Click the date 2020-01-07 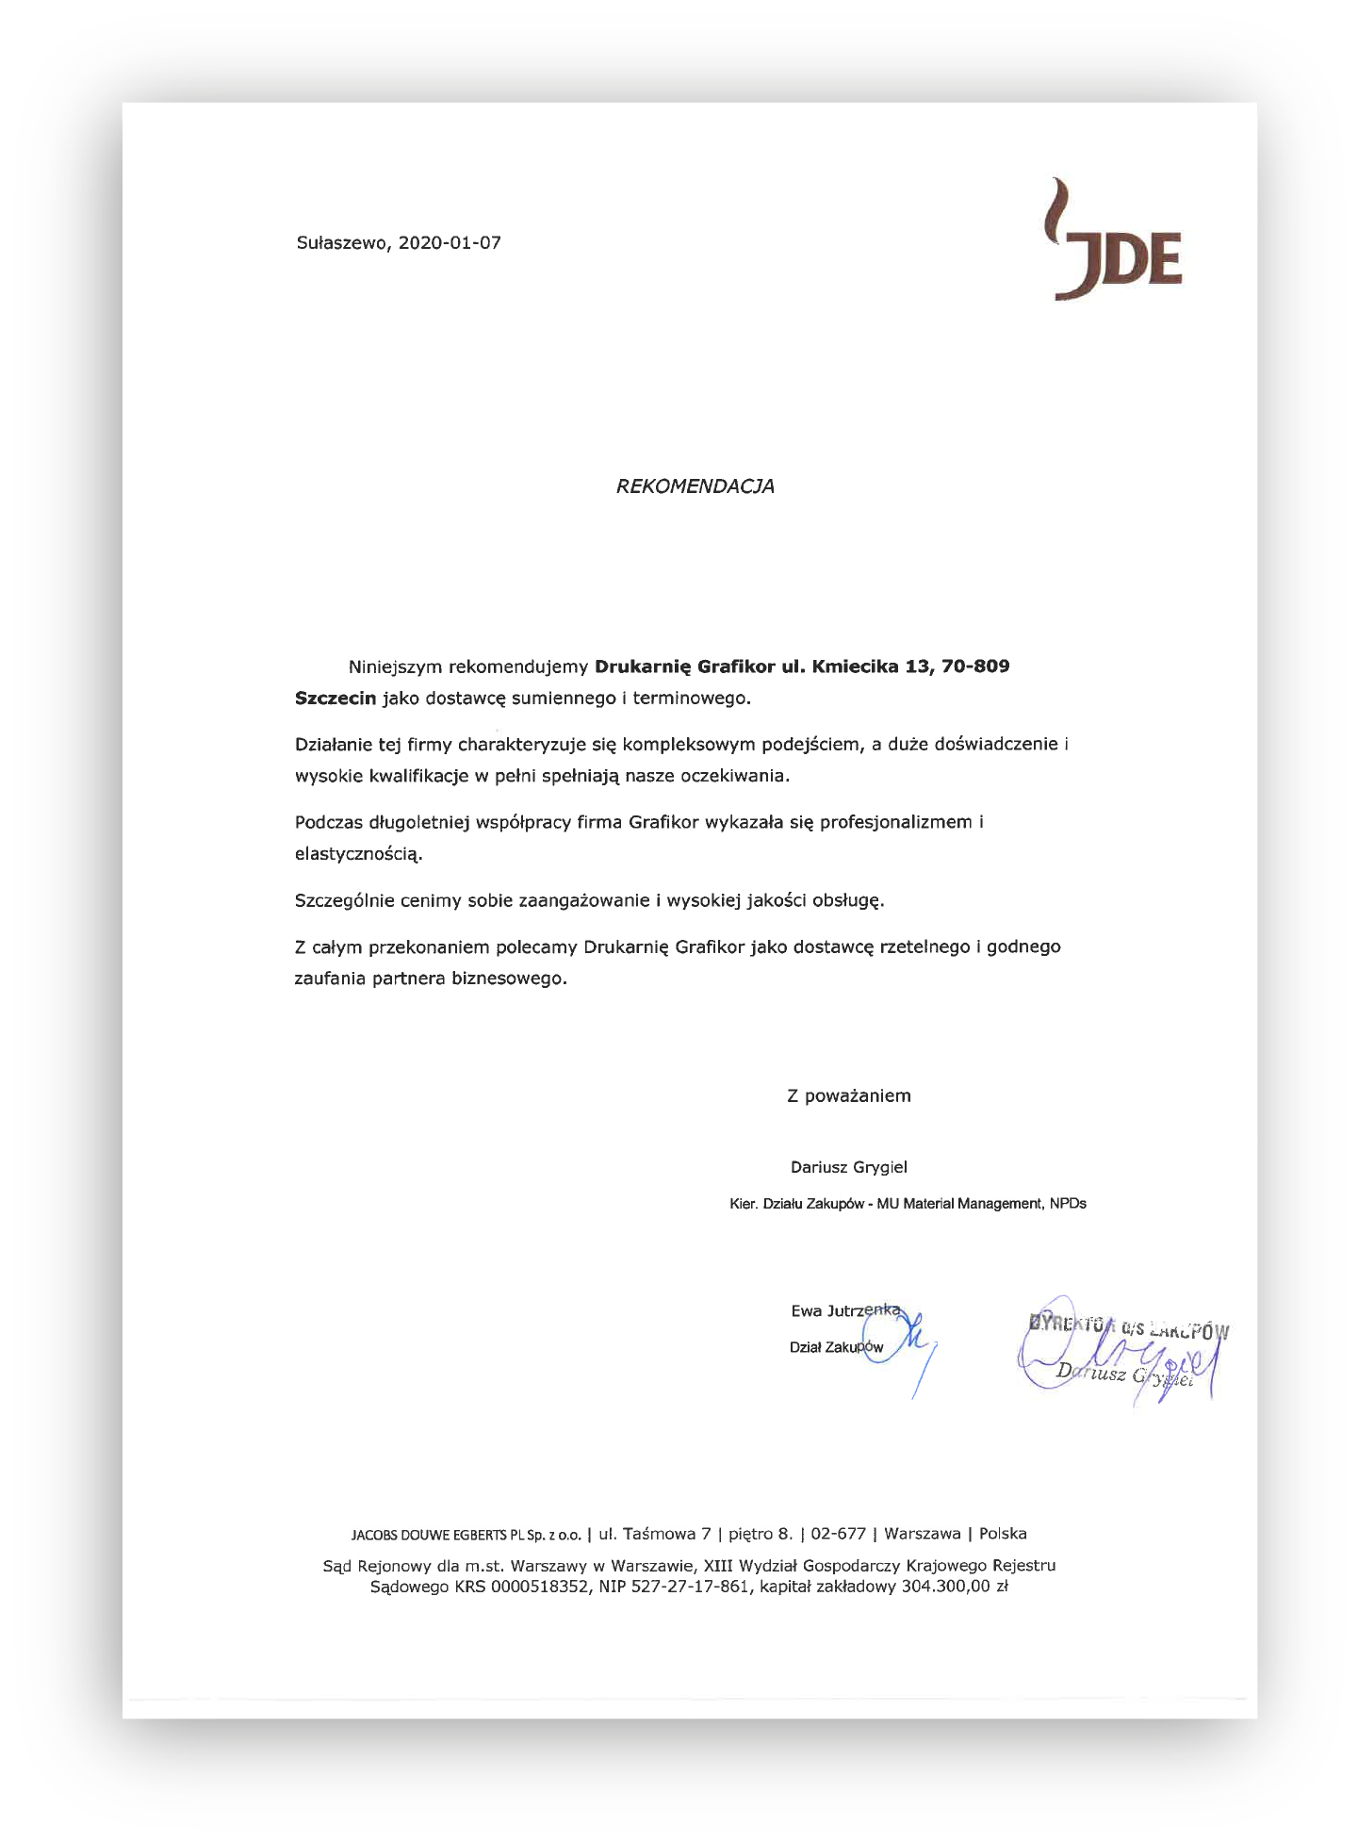(x=450, y=243)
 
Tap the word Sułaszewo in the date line (x=342, y=243)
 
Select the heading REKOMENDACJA (x=695, y=486)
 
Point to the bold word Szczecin (x=335, y=699)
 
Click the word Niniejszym (x=395, y=667)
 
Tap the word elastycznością (x=358, y=855)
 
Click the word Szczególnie (x=344, y=900)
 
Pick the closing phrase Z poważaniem (x=848, y=1095)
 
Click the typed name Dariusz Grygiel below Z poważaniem (x=848, y=1167)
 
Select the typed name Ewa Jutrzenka (x=844, y=1310)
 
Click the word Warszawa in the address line (x=922, y=1534)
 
